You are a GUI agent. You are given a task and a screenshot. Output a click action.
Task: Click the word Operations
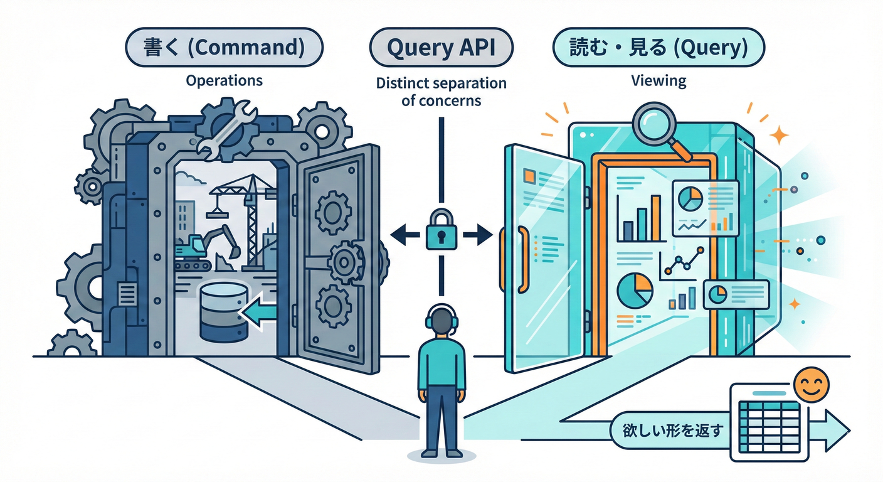click(224, 80)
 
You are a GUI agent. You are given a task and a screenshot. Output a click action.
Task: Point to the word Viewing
click(658, 80)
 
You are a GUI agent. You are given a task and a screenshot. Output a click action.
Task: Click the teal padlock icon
click(441, 232)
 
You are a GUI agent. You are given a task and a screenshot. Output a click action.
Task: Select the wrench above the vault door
click(226, 129)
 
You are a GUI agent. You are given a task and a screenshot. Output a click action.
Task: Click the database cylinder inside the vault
click(223, 312)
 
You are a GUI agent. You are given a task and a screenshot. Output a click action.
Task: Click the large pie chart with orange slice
click(635, 290)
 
